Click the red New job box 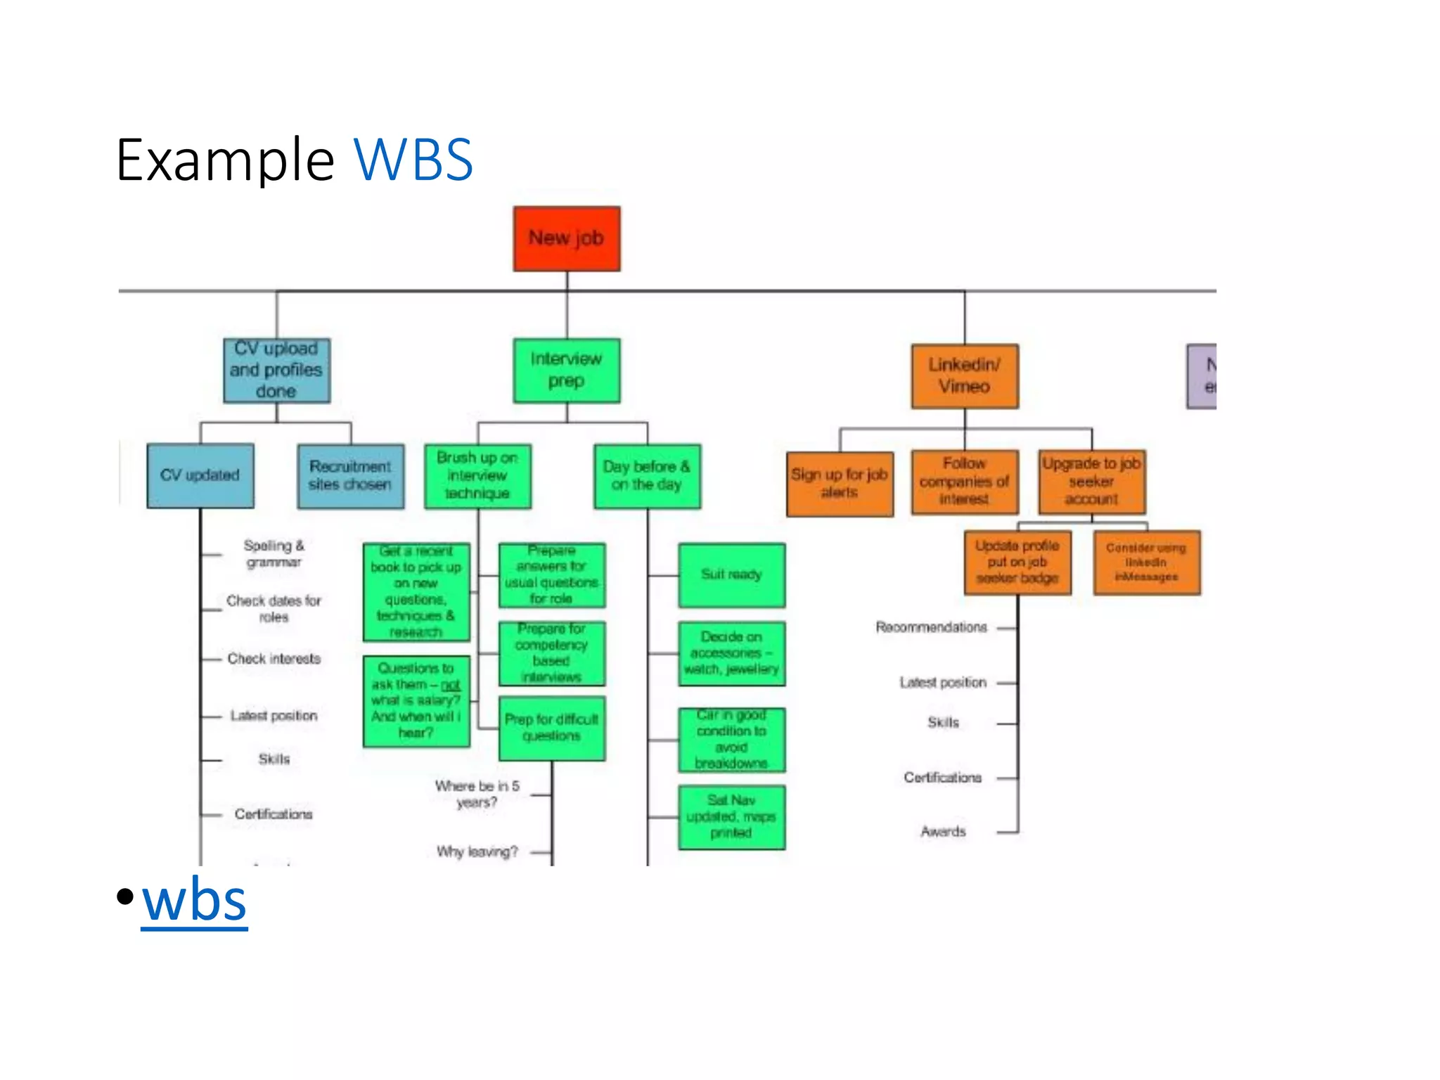567,238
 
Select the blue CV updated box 200,475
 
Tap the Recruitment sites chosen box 350,476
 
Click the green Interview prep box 567,371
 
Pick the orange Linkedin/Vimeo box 964,376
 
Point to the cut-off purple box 1202,376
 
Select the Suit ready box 731,575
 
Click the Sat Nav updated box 731,817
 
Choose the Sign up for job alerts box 840,484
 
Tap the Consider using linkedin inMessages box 1147,562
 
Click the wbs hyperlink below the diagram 194,900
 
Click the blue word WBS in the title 413,160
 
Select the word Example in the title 225,160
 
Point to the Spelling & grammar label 274,553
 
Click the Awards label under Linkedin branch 943,832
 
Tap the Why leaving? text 477,851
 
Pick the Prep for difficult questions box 552,728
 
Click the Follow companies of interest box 964,482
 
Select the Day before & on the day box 647,476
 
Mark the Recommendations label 931,627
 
